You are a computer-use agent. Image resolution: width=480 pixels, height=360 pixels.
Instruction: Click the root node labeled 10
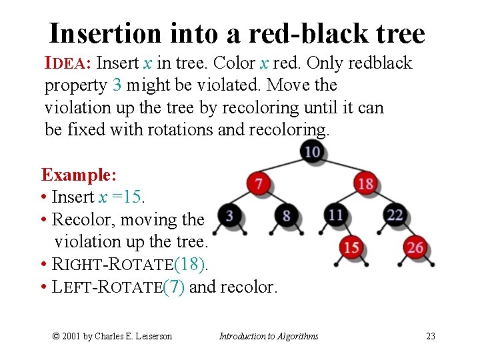312,152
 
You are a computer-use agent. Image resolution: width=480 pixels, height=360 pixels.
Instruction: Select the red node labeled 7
258,183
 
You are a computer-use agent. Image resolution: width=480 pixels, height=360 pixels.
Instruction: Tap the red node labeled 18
365,183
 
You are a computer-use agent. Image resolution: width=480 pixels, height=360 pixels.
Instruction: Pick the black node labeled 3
229,215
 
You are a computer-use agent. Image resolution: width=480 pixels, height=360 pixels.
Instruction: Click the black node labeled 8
287,215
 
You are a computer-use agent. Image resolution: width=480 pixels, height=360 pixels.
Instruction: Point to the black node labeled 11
336,215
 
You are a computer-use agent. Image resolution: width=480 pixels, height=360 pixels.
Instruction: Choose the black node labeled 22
395,215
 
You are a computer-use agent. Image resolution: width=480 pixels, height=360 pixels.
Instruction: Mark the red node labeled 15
351,247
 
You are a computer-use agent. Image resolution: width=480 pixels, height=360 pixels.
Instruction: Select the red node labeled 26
415,247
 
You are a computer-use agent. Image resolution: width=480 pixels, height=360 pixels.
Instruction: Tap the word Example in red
77,175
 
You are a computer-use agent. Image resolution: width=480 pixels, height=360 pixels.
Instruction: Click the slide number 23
431,336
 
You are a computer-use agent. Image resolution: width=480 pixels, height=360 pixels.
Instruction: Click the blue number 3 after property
117,85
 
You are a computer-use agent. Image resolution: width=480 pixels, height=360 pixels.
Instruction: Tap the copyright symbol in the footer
56,336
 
